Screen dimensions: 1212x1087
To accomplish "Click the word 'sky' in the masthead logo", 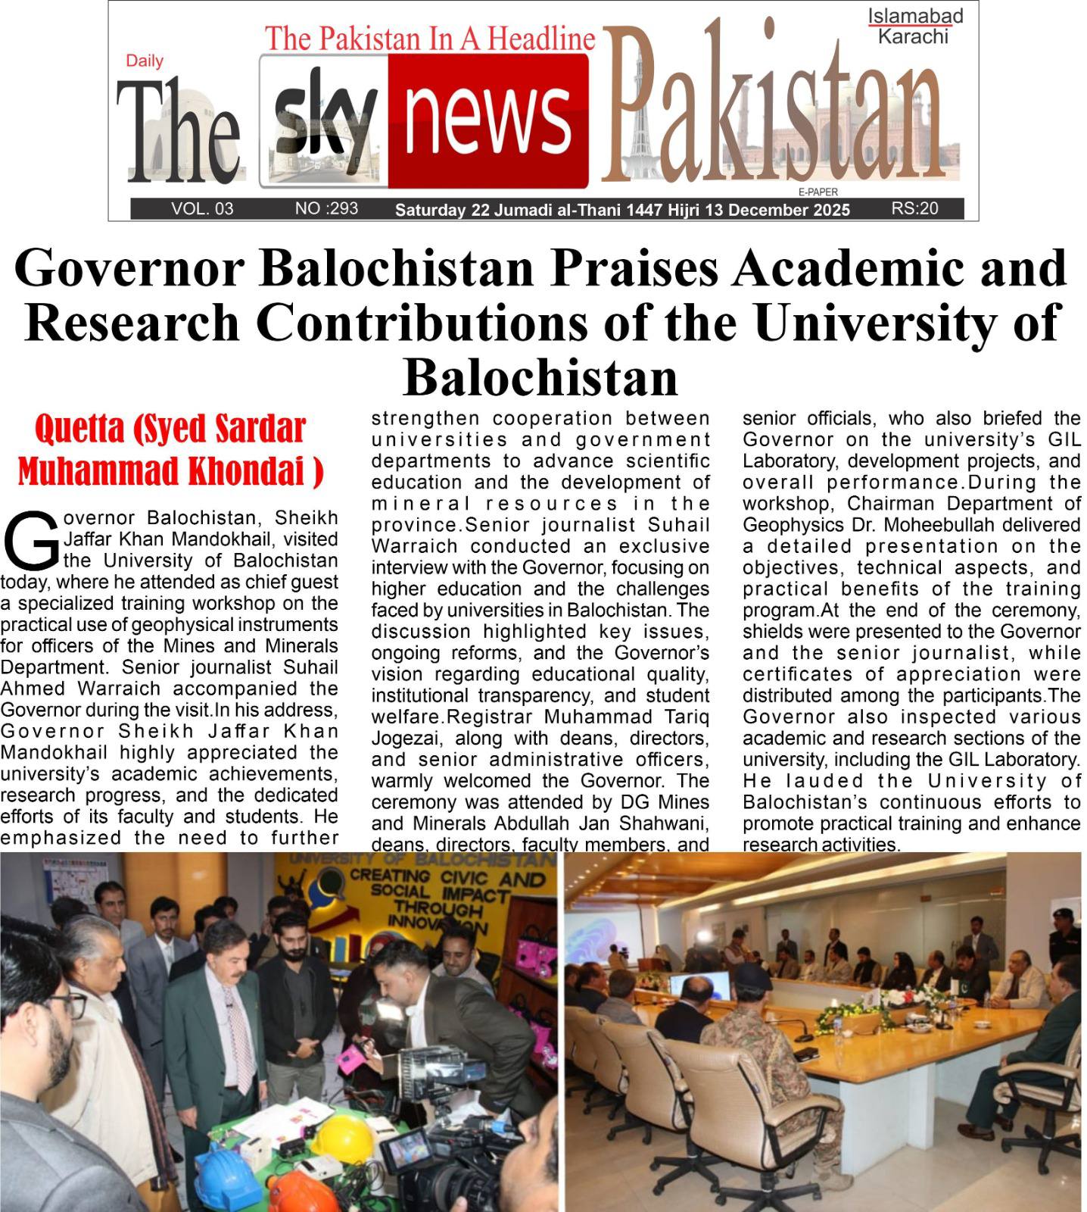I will click(324, 121).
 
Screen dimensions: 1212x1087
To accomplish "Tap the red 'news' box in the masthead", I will click(487, 121).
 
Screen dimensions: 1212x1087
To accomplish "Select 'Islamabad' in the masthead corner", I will click(914, 16).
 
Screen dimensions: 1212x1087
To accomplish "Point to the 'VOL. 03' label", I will click(202, 208).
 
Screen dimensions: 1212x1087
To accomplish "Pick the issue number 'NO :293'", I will click(326, 208).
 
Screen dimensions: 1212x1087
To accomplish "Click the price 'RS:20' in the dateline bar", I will click(914, 208).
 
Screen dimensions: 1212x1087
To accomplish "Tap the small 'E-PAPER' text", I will click(818, 192).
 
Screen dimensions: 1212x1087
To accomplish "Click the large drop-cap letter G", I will click(30, 539).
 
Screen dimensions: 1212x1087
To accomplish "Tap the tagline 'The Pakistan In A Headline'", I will click(429, 39).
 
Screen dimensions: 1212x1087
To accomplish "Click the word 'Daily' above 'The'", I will click(144, 61).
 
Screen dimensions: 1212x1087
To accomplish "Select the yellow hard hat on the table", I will click(344, 1136).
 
